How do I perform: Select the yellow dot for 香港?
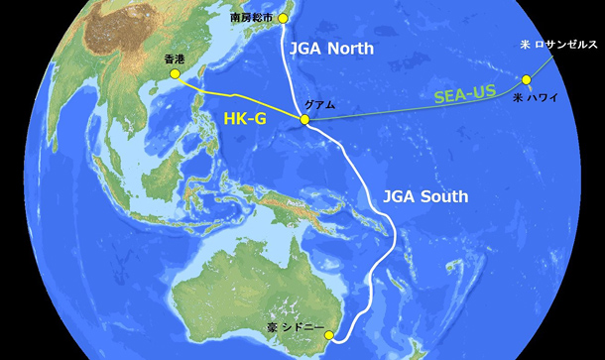[175, 73]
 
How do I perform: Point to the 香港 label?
[175, 60]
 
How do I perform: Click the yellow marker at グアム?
[305, 120]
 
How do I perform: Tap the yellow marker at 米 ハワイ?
[526, 79]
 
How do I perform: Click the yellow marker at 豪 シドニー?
[330, 338]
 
